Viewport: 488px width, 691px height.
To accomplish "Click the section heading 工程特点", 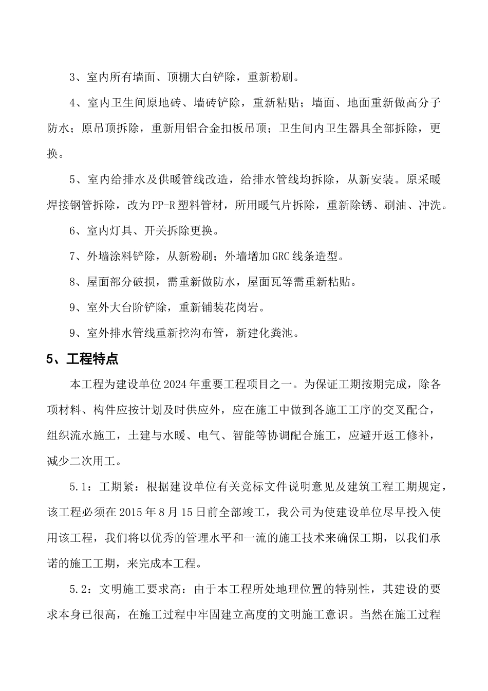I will [x=92, y=359].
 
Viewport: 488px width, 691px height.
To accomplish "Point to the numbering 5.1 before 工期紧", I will [x=78, y=486].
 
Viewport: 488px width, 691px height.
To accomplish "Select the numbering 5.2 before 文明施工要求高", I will [x=78, y=589].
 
